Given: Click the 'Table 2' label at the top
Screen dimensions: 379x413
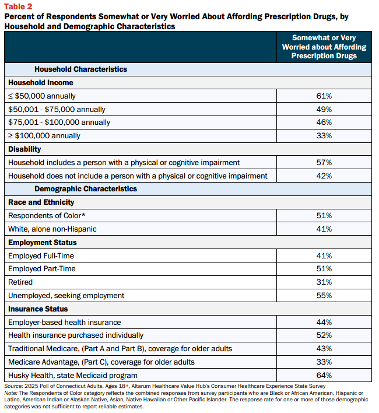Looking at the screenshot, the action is pyautogui.click(x=18, y=6).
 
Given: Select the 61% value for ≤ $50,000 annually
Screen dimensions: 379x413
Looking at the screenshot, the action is pyautogui.click(x=324, y=96).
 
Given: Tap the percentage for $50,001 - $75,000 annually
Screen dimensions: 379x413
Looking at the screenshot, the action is pyautogui.click(x=324, y=109).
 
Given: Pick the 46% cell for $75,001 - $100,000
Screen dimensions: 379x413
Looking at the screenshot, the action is pyautogui.click(x=324, y=123).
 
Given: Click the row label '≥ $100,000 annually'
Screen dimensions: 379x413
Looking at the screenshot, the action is pyautogui.click(x=44, y=136).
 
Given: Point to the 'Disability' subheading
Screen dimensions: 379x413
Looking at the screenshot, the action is pyautogui.click(x=24, y=149).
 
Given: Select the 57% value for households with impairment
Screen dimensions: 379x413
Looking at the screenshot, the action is pyautogui.click(x=324, y=163).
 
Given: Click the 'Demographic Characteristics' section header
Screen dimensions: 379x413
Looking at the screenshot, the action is pyautogui.click(x=86, y=189).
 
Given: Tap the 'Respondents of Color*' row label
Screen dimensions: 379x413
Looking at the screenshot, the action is pyautogui.click(x=47, y=216).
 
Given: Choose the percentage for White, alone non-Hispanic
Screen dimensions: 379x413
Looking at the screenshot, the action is pyautogui.click(x=324, y=229).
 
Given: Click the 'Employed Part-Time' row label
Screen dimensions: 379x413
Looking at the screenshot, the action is pyautogui.click(x=42, y=269).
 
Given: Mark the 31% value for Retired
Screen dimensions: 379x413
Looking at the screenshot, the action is pyautogui.click(x=324, y=282).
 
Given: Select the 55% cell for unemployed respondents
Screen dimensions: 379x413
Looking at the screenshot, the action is pyautogui.click(x=324, y=296).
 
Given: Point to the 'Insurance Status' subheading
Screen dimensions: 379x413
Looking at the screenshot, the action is pyautogui.click(x=38, y=309).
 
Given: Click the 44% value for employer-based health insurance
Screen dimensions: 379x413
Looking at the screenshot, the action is pyautogui.click(x=324, y=323).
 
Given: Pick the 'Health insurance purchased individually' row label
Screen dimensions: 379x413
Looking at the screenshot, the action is pyautogui.click(x=76, y=335).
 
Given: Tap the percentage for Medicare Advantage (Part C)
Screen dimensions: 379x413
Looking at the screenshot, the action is pyautogui.click(x=324, y=362).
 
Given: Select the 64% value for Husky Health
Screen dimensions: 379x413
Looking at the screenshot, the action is pyautogui.click(x=324, y=375).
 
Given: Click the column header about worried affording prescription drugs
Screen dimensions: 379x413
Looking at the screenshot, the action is pyautogui.click(x=324, y=47).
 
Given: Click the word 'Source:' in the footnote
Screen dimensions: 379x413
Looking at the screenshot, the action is pyautogui.click(x=13, y=386).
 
